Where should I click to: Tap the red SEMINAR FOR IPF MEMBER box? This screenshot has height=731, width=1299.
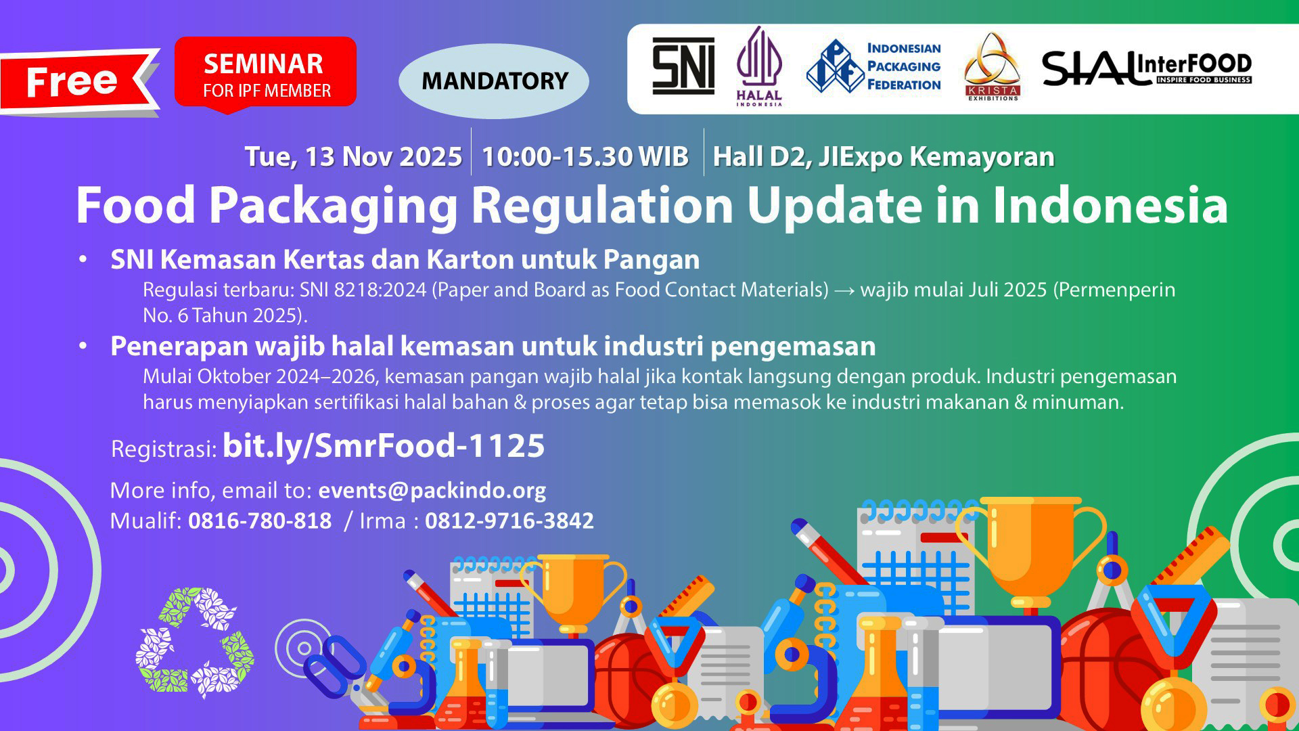click(266, 74)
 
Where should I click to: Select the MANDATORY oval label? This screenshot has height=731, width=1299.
click(494, 81)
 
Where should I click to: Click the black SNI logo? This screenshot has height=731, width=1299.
click(683, 66)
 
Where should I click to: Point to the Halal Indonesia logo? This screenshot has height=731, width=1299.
click(759, 66)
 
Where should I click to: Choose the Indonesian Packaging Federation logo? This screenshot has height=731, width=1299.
click(873, 66)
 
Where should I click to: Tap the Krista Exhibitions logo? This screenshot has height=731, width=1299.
click(993, 66)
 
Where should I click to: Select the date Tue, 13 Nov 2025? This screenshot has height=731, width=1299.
click(353, 156)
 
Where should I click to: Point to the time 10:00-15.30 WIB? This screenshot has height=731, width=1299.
click(585, 156)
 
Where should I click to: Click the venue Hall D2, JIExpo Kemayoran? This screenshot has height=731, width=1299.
click(884, 157)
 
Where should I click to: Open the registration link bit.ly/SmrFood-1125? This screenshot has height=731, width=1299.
click(384, 446)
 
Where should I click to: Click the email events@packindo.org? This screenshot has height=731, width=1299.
click(432, 491)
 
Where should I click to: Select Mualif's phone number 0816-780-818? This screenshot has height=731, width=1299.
click(260, 520)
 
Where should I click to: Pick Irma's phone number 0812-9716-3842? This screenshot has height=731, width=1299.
click(509, 520)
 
